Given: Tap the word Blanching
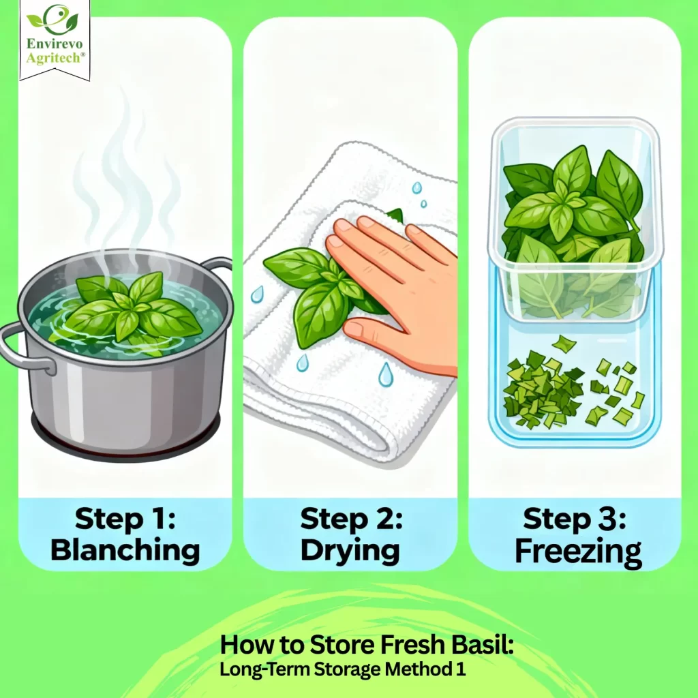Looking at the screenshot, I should tap(125, 550).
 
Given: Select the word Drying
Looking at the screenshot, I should tap(350, 550).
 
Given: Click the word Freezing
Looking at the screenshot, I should tap(578, 551).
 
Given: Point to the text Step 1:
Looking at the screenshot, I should tap(125, 519).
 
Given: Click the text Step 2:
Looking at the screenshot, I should tap(350, 519).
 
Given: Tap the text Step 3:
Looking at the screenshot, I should tap(578, 519).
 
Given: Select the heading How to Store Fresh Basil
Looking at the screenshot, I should tap(367, 644).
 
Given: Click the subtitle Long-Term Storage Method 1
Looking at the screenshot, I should tap(343, 669).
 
